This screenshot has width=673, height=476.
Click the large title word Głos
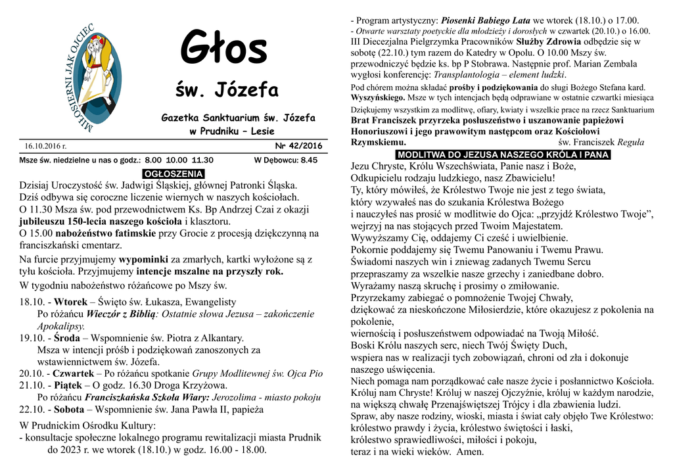pyautogui.click(x=224, y=49)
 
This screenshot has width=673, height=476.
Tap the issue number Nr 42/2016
pyautogui.click(x=298, y=146)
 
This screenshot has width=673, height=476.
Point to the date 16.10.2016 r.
pyautogui.click(x=46, y=146)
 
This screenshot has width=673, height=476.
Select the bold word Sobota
pyautogui.click(x=72, y=409)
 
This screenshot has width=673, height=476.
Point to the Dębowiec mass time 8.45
pyautogui.click(x=308, y=160)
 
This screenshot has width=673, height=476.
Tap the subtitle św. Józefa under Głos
pyautogui.click(x=227, y=89)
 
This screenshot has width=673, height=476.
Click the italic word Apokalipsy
pyautogui.click(x=61, y=326)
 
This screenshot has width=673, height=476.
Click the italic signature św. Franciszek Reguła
pyautogui.click(x=601, y=142)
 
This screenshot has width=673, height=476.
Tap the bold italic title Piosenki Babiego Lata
pyautogui.click(x=486, y=20)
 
